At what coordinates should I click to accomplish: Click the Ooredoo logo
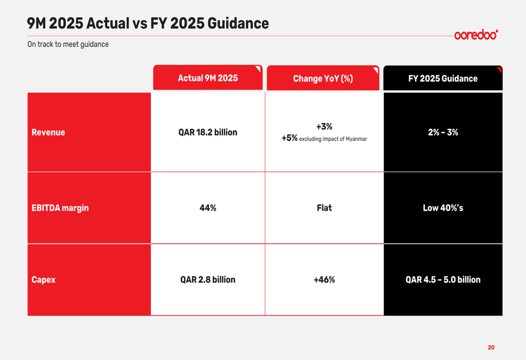pyautogui.click(x=476, y=35)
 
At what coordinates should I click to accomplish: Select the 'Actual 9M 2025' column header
pyautogui.click(x=208, y=78)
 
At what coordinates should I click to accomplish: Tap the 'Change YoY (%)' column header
pyautogui.click(x=323, y=79)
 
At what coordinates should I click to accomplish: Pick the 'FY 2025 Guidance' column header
pyautogui.click(x=443, y=79)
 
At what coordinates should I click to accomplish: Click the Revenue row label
pyautogui.click(x=48, y=132)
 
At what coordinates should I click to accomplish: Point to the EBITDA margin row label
pyautogui.click(x=60, y=208)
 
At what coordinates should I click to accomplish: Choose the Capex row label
pyautogui.click(x=43, y=280)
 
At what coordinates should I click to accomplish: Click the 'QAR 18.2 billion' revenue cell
pyautogui.click(x=208, y=132)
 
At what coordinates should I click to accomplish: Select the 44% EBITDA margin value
pyautogui.click(x=208, y=208)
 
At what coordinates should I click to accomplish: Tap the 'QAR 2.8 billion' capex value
pyautogui.click(x=208, y=280)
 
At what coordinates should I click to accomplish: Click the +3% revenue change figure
pyautogui.click(x=324, y=127)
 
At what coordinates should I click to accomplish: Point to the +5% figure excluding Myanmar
pyautogui.click(x=289, y=138)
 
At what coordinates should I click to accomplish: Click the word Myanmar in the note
pyautogui.click(x=356, y=139)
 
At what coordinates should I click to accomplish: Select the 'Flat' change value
pyautogui.click(x=324, y=208)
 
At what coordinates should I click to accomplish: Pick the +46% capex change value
pyautogui.click(x=324, y=280)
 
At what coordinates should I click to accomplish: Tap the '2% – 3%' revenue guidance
pyautogui.click(x=443, y=132)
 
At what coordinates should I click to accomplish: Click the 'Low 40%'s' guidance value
pyautogui.click(x=443, y=208)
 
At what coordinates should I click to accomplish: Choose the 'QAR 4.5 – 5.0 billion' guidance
pyautogui.click(x=443, y=280)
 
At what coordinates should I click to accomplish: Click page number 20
pyautogui.click(x=491, y=347)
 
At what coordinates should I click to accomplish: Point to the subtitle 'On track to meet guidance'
pyautogui.click(x=68, y=45)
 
